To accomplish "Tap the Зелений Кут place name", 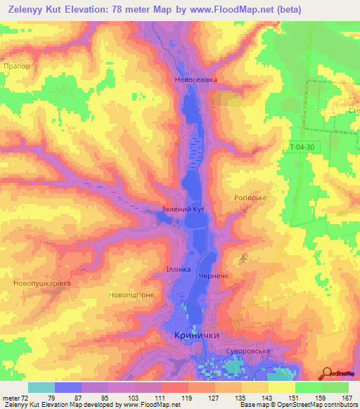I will (183, 210).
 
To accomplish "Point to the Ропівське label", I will (249, 198).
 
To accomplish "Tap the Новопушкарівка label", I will (41, 283).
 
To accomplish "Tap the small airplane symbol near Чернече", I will (244, 260).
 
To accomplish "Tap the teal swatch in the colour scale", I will (41, 388).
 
